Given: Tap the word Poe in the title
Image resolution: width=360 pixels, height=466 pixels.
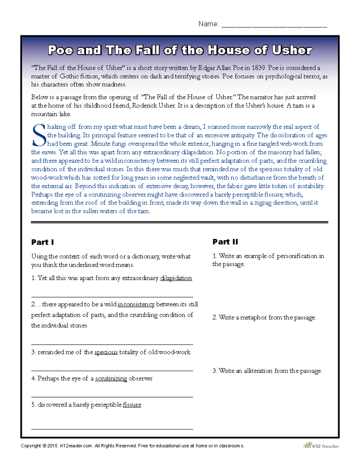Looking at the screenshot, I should (60, 50).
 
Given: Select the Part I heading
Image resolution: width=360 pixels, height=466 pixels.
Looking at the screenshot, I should (43, 242).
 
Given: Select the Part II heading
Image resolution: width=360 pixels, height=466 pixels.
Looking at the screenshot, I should (225, 242).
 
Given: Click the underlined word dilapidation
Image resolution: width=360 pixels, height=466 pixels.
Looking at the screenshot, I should (176, 278).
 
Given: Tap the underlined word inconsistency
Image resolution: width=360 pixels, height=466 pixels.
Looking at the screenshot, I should (136, 304).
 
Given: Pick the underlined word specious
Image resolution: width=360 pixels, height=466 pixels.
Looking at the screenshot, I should (106, 352).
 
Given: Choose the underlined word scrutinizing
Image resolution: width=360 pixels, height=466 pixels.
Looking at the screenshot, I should (111, 378).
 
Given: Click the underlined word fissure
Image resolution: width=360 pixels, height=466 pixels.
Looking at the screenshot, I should (132, 405).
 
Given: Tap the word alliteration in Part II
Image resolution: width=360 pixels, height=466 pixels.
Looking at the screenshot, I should (258, 371).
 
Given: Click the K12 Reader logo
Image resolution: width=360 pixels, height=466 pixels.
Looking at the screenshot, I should (321, 446).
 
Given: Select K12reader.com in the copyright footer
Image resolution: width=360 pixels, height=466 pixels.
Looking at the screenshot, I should (76, 446).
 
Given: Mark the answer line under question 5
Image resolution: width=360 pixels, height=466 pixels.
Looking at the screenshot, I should (112, 429).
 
